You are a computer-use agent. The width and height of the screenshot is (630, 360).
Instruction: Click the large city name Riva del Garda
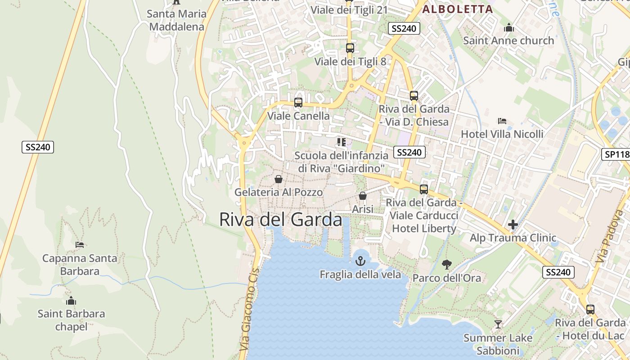pyautogui.click(x=280, y=220)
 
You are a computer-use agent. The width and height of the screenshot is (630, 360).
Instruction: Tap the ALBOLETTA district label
pyautogui.click(x=457, y=9)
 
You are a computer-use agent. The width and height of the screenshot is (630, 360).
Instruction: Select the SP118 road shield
pyautogui.click(x=616, y=154)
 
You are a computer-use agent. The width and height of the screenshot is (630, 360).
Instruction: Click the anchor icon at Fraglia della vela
pyautogui.click(x=360, y=261)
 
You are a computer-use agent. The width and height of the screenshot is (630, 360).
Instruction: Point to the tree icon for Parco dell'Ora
pyautogui.click(x=446, y=264)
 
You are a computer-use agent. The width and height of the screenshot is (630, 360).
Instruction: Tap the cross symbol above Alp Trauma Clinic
pyautogui.click(x=513, y=224)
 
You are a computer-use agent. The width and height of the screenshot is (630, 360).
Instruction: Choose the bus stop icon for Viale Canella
pyautogui.click(x=298, y=103)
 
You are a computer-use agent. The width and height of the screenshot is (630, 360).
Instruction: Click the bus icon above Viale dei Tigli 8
pyautogui.click(x=350, y=48)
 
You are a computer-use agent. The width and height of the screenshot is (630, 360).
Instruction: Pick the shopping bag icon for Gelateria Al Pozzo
pyautogui.click(x=279, y=179)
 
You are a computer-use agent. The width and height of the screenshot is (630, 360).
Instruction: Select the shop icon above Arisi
pyautogui.click(x=362, y=196)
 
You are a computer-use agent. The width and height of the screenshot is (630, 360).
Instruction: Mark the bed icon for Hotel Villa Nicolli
pyautogui.click(x=502, y=121)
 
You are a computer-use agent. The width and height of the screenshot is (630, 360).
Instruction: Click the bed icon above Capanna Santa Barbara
pyautogui.click(x=80, y=245)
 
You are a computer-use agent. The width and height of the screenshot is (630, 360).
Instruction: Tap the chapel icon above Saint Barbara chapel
pyautogui.click(x=71, y=301)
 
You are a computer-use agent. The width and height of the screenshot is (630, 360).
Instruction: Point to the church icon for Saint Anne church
pyautogui.click(x=509, y=27)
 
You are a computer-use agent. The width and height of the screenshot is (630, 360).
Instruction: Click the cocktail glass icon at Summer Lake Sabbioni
pyautogui.click(x=498, y=324)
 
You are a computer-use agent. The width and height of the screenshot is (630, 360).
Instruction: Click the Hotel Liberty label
pyautogui.click(x=424, y=228)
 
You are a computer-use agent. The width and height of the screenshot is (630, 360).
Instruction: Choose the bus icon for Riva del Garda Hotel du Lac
pyautogui.click(x=590, y=310)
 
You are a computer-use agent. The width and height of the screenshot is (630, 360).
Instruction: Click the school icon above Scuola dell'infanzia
pyautogui.click(x=341, y=142)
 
